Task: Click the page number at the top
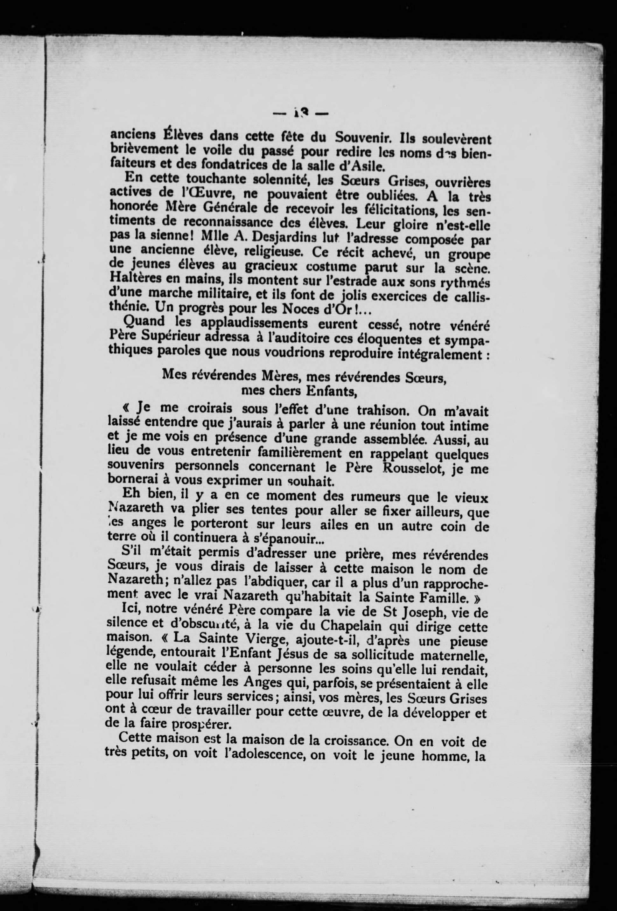click(300, 114)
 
